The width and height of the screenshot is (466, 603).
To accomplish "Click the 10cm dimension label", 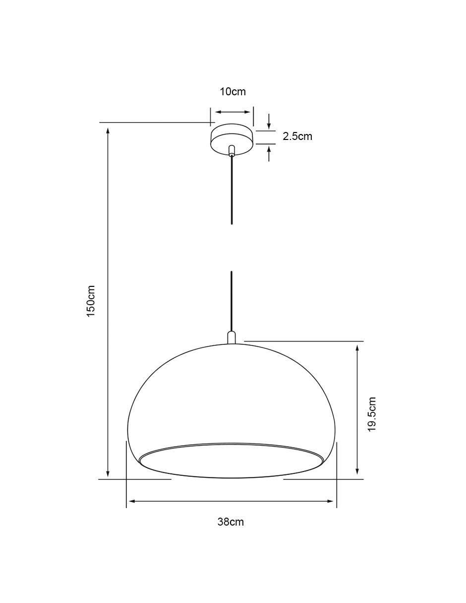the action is (x=233, y=92).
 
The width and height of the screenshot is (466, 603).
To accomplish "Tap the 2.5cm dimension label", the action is (x=297, y=136).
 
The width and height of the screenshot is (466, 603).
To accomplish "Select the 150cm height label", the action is (x=91, y=301).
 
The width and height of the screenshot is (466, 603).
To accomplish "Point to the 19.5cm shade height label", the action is (x=372, y=414).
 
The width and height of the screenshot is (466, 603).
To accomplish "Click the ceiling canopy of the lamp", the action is (x=232, y=139).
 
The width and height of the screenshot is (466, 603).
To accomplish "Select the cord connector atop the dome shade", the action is (x=232, y=337).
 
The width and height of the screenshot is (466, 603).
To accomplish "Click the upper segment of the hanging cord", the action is (x=232, y=190).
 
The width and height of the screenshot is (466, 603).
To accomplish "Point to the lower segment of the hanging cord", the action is (x=232, y=301).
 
